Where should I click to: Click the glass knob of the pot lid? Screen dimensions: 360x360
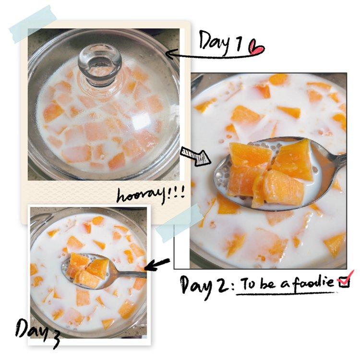[x=100, y=65]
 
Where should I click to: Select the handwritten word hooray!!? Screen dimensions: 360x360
[x=151, y=195]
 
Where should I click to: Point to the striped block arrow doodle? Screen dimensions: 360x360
[x=195, y=156]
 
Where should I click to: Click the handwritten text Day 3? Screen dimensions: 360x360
[x=37, y=332]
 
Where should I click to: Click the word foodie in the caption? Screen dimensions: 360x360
[x=312, y=282]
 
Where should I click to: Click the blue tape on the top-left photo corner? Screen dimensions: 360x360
[x=33, y=24]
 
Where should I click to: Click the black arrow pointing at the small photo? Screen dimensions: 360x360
[x=157, y=264]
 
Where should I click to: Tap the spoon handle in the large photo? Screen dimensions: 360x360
[x=332, y=158]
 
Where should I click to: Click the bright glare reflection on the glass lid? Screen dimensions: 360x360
[x=142, y=120]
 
